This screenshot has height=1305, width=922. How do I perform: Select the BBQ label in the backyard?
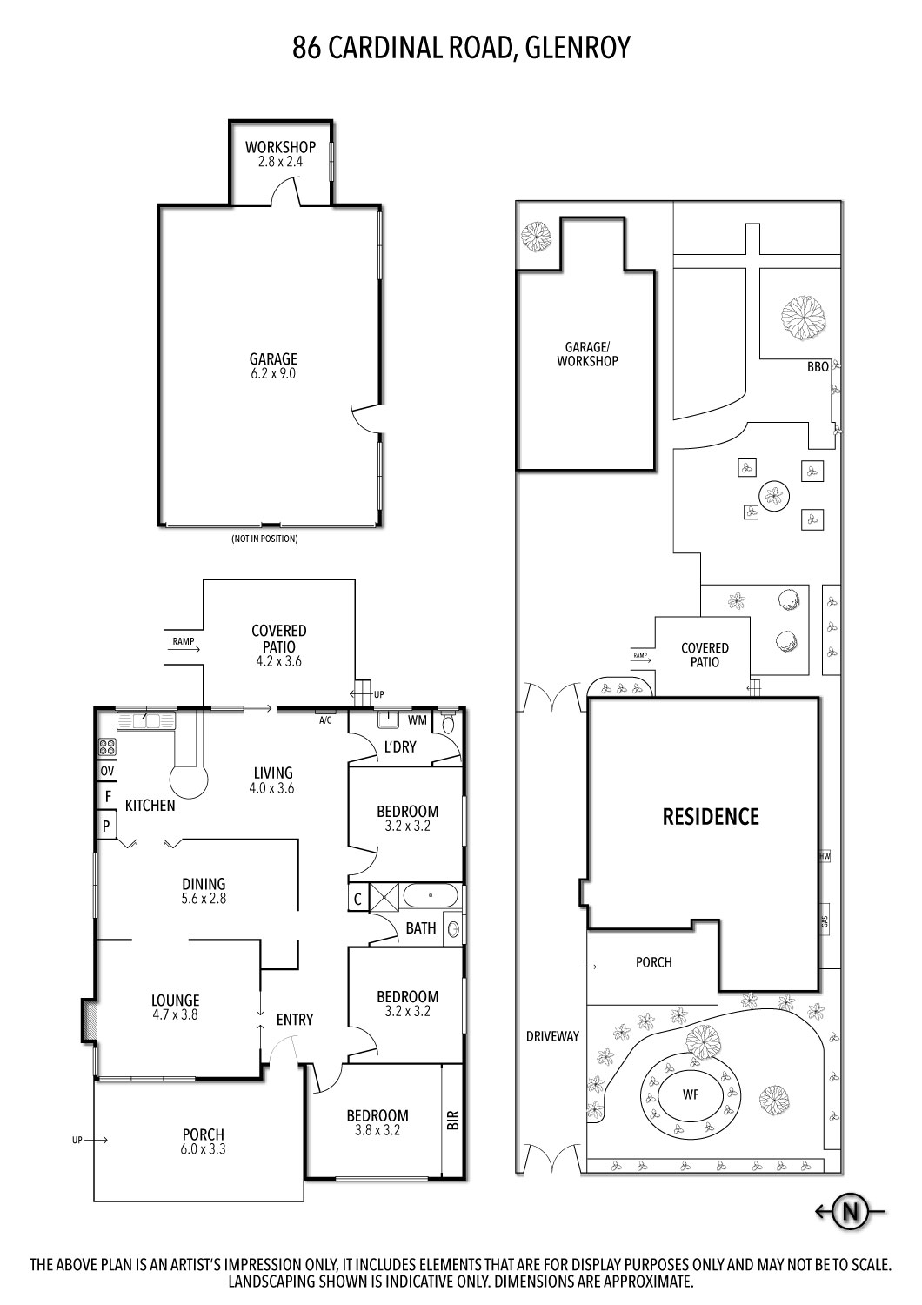coord(818,367)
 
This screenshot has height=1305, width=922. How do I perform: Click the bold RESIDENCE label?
coord(711,816)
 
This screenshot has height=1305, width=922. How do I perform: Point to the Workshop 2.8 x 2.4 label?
coord(279,154)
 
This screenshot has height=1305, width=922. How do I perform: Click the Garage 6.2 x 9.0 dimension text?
coord(273,373)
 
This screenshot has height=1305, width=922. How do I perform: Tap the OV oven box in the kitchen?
coord(107,771)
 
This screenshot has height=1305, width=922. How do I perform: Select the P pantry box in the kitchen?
coord(106,826)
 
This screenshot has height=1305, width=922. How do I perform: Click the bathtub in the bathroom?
coord(431,896)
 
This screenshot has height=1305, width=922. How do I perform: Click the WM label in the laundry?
coord(418,719)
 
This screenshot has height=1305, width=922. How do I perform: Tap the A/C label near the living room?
coord(326,720)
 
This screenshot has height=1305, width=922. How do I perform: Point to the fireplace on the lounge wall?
coord(87,1020)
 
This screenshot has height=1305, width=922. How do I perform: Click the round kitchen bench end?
coord(189,779)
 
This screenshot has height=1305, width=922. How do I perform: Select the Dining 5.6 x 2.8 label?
coord(204,892)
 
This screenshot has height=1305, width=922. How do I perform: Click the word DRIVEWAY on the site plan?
coord(552,1036)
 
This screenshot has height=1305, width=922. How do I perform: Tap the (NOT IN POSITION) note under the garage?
coord(264,539)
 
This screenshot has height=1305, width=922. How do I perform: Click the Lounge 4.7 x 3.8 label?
coord(176,1007)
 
